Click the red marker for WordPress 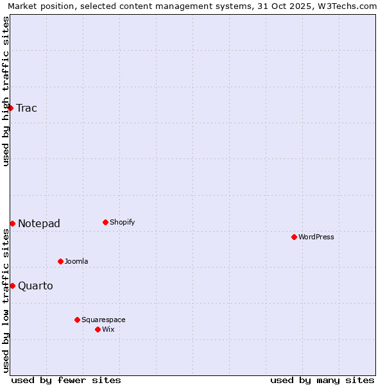294,237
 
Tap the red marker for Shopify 105,222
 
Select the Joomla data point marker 60,261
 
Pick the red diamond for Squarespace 77,320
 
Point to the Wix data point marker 98,329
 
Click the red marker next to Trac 11,108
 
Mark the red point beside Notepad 12,223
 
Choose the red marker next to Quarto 12,286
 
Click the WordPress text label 316,237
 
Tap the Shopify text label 123,222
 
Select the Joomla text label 76,261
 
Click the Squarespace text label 103,320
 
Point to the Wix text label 108,329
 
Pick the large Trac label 27,108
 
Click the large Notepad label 39,223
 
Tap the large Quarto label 35,286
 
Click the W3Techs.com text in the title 350,6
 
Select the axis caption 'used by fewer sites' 66,380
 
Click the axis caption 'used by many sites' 322,380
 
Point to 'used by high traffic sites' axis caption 6,91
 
